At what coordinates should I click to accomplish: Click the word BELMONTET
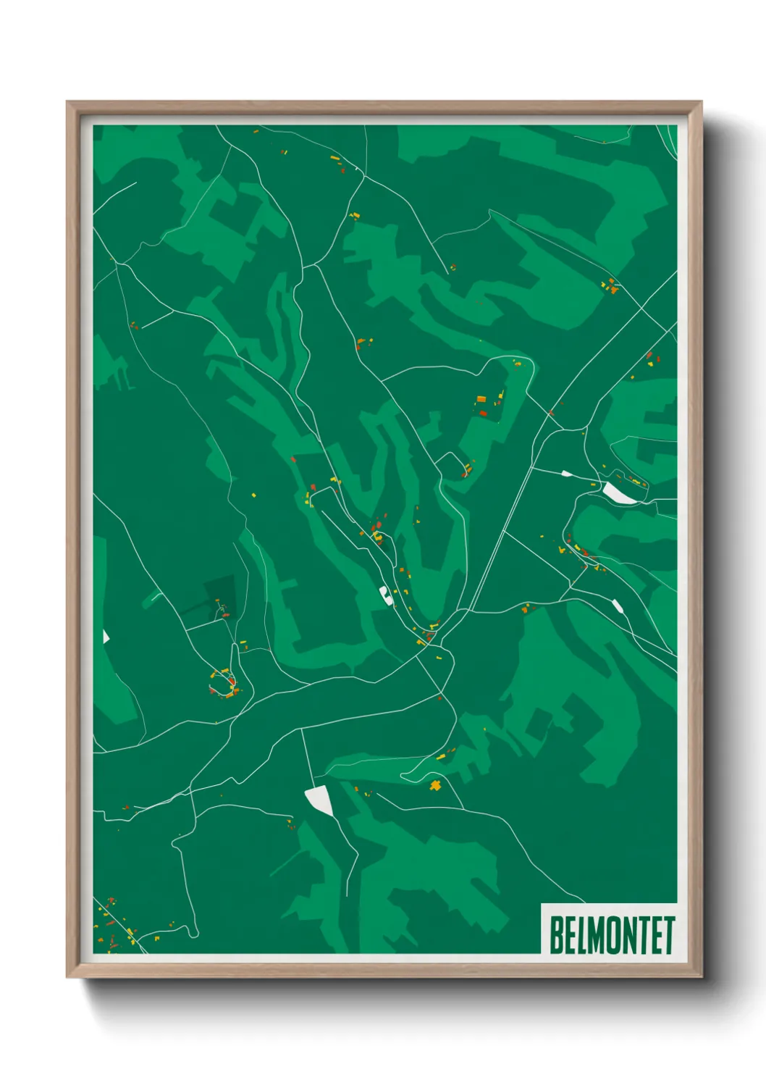coord(612,935)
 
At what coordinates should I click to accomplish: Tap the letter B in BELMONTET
coord(557,935)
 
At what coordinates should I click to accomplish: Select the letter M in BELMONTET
coord(599,935)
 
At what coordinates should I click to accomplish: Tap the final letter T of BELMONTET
coord(669,935)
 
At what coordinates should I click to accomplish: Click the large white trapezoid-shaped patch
coord(319,800)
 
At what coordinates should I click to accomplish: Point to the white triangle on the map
coord(106,637)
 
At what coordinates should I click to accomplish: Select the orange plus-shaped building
coord(435,785)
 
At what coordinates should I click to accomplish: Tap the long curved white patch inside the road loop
coord(620,493)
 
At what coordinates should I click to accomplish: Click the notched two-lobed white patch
coord(384,595)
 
